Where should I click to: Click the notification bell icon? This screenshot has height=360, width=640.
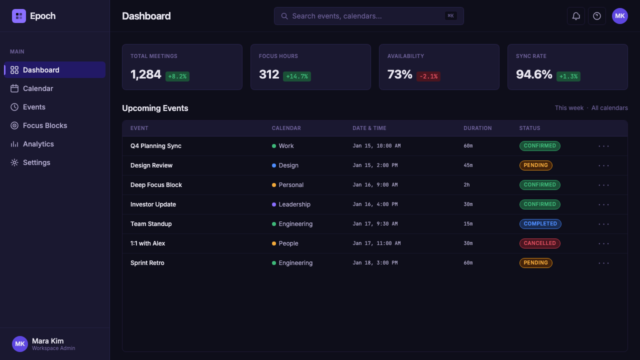click(x=575, y=16)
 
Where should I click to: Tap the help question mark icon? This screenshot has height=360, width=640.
click(x=597, y=16)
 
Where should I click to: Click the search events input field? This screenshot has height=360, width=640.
click(x=368, y=16)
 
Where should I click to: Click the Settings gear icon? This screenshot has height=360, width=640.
click(x=14, y=162)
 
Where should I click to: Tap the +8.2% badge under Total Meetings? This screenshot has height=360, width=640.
click(x=177, y=76)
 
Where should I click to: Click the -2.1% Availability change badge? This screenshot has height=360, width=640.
click(x=428, y=76)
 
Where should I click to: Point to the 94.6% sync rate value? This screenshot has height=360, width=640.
click(x=534, y=74)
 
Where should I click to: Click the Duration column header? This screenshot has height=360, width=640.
click(x=477, y=128)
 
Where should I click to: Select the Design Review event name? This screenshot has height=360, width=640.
click(x=151, y=165)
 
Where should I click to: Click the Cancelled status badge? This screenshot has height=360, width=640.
click(x=539, y=243)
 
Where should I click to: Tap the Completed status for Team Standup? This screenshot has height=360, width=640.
click(x=540, y=223)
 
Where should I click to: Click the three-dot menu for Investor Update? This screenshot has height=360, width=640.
click(x=603, y=204)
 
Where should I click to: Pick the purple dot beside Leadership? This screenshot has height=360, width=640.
click(x=273, y=204)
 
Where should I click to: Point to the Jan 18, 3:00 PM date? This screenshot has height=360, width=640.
click(x=375, y=263)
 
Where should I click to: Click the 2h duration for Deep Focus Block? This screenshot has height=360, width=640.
click(x=466, y=185)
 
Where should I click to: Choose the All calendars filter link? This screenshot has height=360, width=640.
click(x=609, y=108)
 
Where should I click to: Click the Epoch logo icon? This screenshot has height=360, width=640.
click(x=19, y=16)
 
